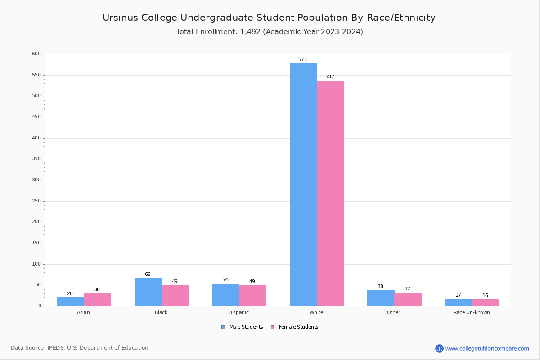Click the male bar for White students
(303, 184)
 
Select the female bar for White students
(330, 193)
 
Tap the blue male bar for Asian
(70, 301)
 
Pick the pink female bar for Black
(175, 296)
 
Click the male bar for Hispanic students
(225, 295)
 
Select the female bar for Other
(408, 299)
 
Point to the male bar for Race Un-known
(459, 302)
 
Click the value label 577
(303, 60)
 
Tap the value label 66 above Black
(148, 274)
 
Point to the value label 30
(97, 290)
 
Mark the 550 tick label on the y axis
(36, 75)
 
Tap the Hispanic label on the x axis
(238, 312)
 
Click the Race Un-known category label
(472, 312)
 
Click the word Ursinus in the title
(118, 18)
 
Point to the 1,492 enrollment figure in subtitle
(250, 32)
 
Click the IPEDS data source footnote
(80, 348)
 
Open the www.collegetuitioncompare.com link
(487, 348)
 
